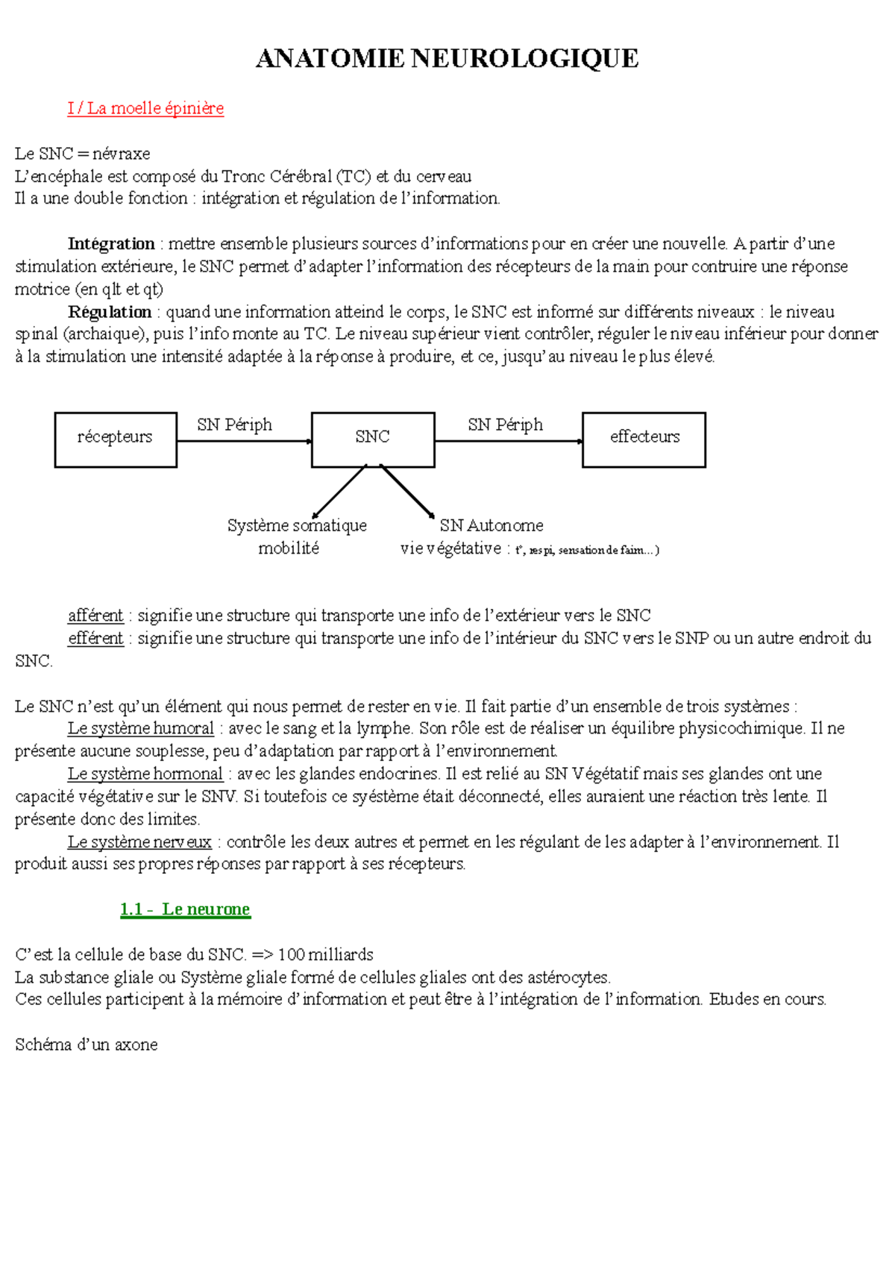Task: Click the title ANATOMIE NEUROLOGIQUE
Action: pos(447,58)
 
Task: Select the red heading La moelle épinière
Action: pos(145,108)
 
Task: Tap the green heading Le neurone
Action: pos(185,909)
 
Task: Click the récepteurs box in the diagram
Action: pos(116,439)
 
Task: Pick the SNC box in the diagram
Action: pos(373,439)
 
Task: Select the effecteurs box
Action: pos(644,439)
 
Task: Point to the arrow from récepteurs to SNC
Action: pos(244,441)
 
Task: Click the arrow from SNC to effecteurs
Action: pos(508,441)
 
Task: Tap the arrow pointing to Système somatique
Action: pos(339,491)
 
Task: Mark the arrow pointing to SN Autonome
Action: pos(407,491)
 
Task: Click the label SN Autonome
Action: pos(491,525)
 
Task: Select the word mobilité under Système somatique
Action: pos(289,548)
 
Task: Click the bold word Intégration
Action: pos(111,244)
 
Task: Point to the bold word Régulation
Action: pos(110,312)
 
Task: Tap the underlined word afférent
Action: pos(95,616)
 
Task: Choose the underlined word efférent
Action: pos(95,638)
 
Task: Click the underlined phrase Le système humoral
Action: pos(141,728)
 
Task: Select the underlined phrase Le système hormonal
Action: pos(145,774)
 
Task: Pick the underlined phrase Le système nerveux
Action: pos(139,842)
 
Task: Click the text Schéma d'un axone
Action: pos(87,1045)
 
